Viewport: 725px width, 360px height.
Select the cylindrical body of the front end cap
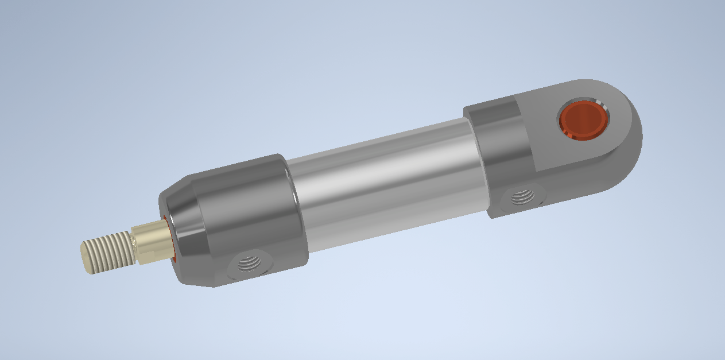pos(247,212)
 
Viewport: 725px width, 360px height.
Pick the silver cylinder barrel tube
pos(385,178)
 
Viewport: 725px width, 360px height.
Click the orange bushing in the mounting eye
pos(583,121)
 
